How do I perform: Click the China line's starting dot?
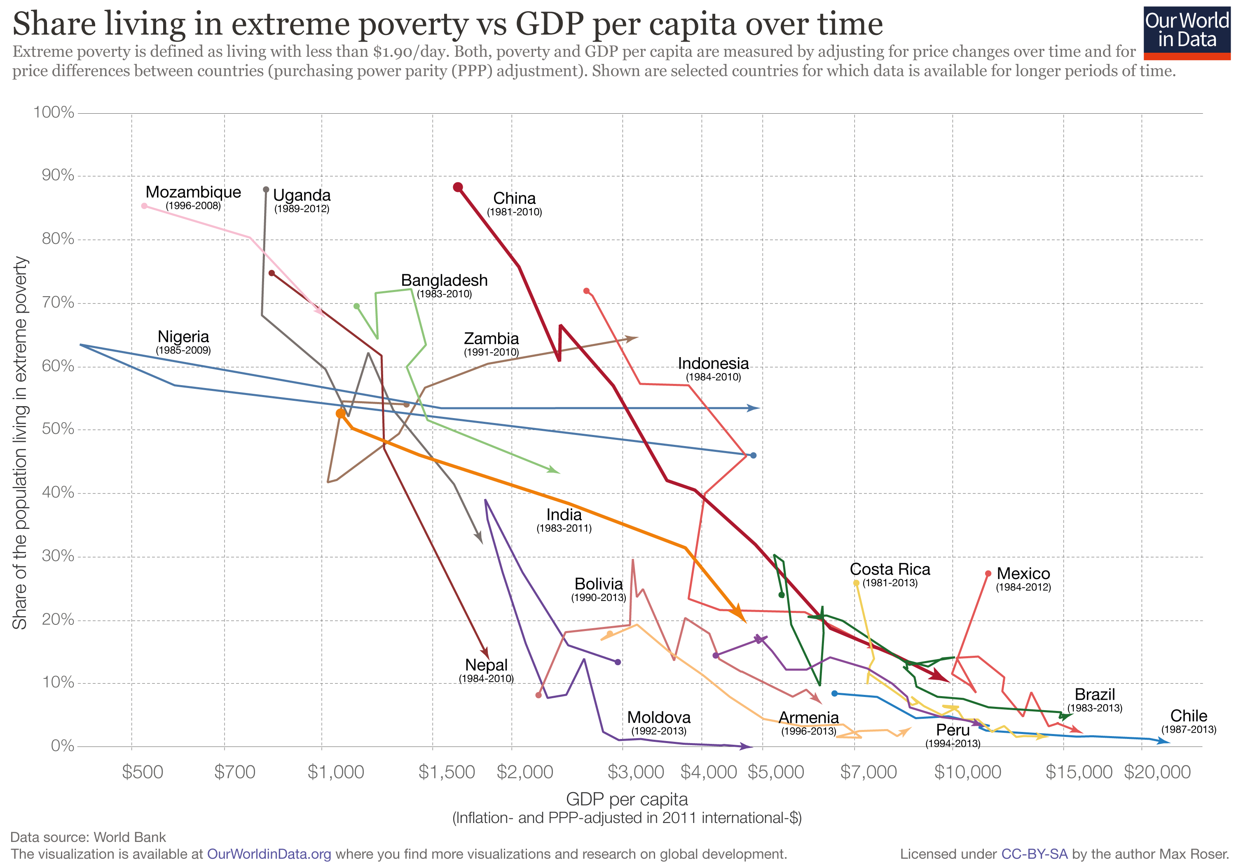click(458, 187)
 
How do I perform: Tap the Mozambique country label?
click(193, 192)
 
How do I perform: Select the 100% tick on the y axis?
click(54, 112)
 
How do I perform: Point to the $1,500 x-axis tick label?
click(446, 772)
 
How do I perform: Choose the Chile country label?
click(1189, 716)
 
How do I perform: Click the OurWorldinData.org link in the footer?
click(269, 854)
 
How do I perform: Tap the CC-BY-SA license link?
click(1034, 854)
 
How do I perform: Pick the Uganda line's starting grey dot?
click(266, 189)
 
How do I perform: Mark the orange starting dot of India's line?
click(340, 414)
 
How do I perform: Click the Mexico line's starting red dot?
click(988, 574)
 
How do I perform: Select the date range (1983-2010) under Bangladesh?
click(444, 294)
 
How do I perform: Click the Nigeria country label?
click(183, 337)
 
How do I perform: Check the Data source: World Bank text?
click(88, 837)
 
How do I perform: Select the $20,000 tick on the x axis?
click(1157, 772)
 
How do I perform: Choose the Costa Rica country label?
click(890, 570)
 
